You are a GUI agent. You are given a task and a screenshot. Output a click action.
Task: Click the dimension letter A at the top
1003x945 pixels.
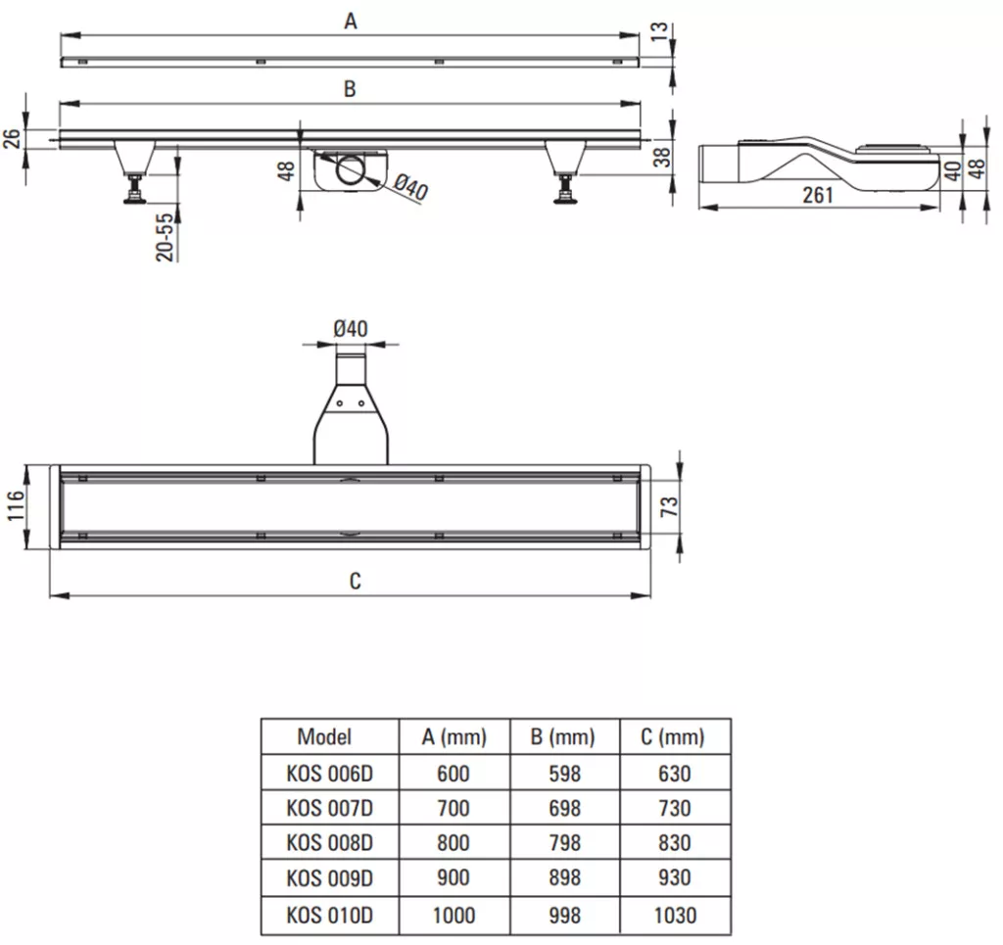pos(351,22)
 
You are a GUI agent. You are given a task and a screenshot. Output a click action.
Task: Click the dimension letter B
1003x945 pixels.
pos(350,89)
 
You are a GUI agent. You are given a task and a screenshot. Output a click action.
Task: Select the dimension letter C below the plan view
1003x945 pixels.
pos(355,581)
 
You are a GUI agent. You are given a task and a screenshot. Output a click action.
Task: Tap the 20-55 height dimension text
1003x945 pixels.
pos(165,237)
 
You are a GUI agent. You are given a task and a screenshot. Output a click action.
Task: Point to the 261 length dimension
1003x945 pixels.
pos(818,194)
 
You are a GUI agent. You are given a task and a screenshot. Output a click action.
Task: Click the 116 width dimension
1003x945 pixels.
pos(16,505)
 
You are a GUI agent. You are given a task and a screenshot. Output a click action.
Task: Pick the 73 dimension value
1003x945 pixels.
pos(669,506)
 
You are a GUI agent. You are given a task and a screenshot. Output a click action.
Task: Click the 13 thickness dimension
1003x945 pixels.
pos(659,31)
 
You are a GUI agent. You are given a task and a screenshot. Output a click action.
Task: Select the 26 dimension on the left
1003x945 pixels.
pos(13,139)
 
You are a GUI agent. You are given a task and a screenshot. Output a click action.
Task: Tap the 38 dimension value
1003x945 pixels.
pos(663,157)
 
